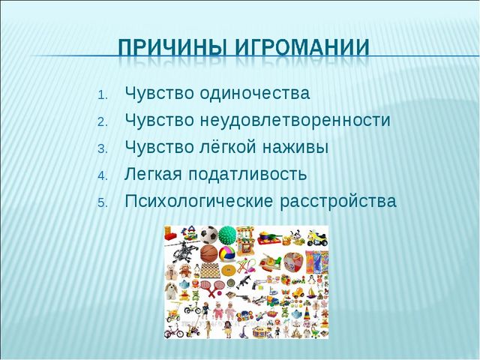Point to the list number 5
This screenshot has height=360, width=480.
coord(103,202)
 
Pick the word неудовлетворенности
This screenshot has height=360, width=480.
coord(294,121)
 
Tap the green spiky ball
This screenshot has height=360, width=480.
coord(226,235)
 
